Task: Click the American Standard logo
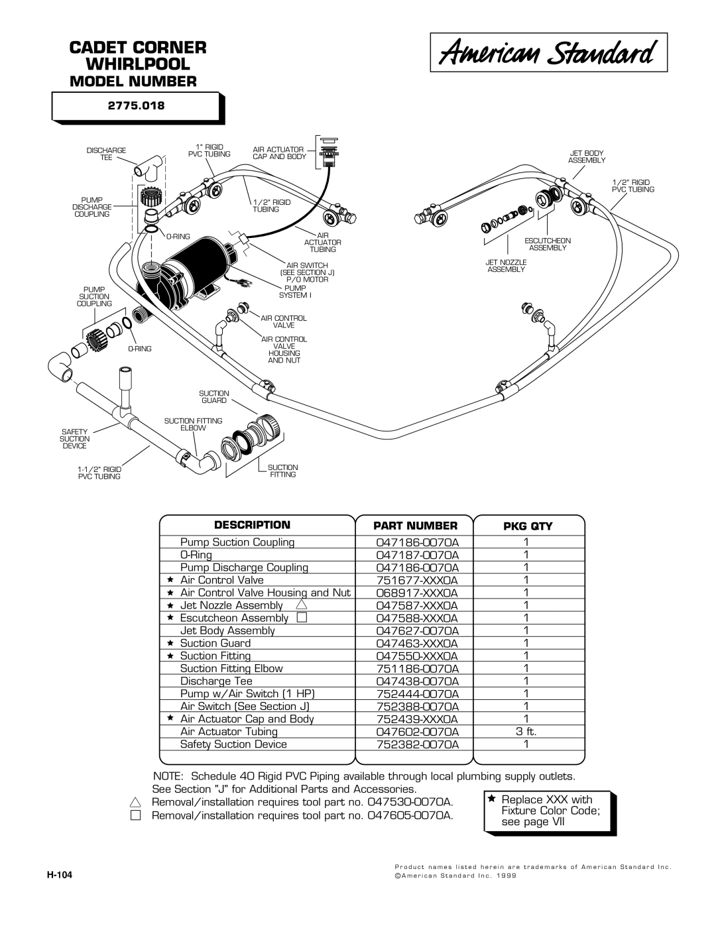tap(548, 52)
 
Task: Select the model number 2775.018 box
tap(137, 107)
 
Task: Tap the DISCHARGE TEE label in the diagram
tap(106, 154)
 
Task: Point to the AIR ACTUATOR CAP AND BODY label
tap(280, 153)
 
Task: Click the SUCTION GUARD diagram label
tap(214, 397)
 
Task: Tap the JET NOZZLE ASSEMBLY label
tap(507, 266)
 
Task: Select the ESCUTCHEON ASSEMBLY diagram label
tap(548, 244)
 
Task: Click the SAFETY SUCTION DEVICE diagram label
tap(74, 439)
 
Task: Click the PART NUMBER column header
tap(415, 526)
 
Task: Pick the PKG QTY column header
tap(528, 526)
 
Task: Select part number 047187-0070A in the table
tap(417, 555)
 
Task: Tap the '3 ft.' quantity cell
tap(526, 732)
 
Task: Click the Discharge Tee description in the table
tap(216, 681)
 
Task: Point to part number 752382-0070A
tap(417, 744)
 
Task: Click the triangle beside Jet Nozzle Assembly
tap(301, 605)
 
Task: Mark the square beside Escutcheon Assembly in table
tap(302, 617)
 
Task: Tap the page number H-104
tap(60, 875)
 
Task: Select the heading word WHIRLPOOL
tap(138, 64)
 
